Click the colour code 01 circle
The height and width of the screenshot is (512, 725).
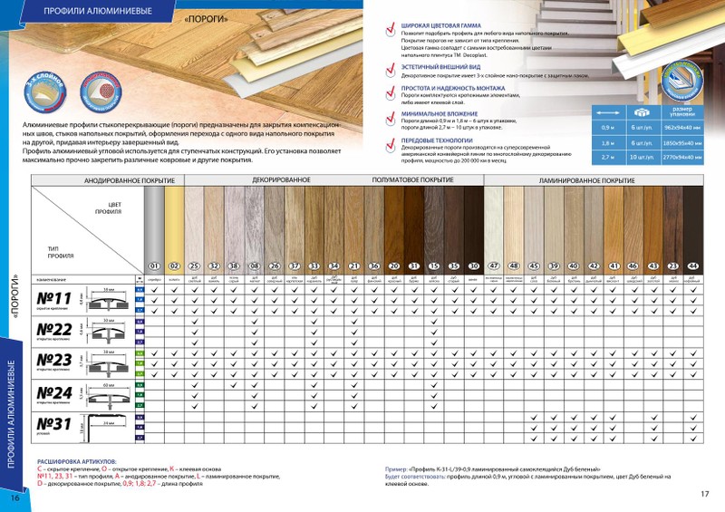(154, 266)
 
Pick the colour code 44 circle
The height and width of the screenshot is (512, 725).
(694, 266)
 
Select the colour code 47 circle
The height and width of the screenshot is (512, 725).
(495, 266)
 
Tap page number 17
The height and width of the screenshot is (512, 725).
(704, 495)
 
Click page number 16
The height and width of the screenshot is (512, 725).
(14, 498)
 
